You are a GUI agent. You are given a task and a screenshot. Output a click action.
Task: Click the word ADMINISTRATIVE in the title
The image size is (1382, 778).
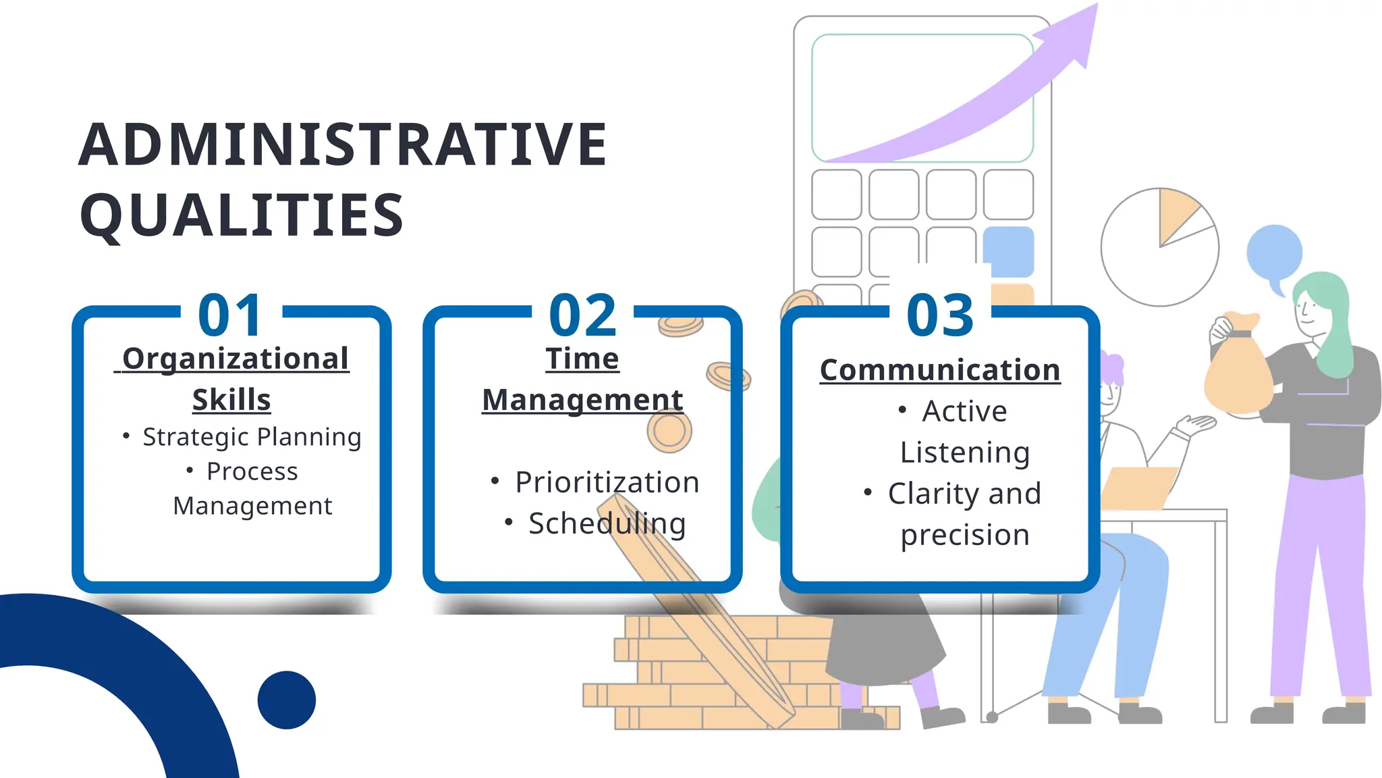[343, 145]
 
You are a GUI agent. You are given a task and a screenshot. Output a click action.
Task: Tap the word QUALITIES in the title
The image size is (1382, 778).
[242, 215]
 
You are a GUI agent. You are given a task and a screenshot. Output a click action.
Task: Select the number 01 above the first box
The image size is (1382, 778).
[231, 315]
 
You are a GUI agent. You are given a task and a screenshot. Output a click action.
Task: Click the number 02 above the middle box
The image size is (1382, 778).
[583, 315]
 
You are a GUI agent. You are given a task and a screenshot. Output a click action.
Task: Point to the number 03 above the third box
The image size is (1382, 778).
[940, 315]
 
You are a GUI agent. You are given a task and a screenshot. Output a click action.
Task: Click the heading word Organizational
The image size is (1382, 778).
[235, 359]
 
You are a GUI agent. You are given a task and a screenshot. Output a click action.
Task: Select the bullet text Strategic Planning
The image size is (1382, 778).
[252, 437]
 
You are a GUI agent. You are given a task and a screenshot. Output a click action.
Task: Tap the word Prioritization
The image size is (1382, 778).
[607, 482]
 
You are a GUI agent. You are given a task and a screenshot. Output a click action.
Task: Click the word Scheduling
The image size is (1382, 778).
[607, 523]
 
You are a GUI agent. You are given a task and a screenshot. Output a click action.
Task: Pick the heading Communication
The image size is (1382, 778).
[940, 370]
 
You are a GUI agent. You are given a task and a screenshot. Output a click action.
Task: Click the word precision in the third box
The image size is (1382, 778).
[965, 535]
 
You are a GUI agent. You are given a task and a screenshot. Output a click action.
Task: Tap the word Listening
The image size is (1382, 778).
[965, 452]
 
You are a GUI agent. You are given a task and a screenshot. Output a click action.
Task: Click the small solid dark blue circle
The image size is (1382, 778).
[287, 700]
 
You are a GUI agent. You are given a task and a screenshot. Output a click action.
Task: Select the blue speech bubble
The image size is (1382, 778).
[1274, 253]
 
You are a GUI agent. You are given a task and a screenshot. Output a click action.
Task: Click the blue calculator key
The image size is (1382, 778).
[1009, 251]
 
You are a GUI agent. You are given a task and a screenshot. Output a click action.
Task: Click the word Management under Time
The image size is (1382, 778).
[582, 400]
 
